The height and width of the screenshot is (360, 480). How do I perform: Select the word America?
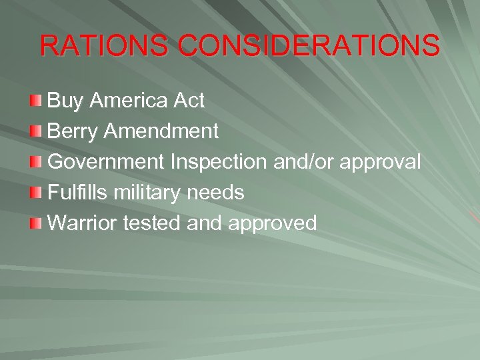(128, 101)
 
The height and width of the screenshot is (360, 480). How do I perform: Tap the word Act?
(189, 101)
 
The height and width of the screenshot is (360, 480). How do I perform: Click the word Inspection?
(219, 162)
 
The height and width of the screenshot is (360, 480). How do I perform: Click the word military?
(148, 193)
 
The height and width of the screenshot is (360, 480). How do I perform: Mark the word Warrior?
(82, 223)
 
